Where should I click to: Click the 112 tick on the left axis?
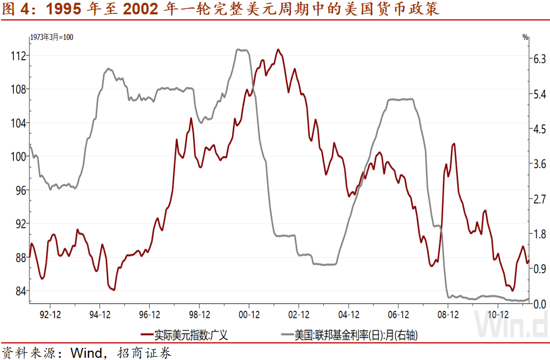click(18, 56)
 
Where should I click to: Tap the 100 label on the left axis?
click(18, 156)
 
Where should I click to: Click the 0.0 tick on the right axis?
click(539, 304)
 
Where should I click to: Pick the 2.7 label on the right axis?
click(539, 199)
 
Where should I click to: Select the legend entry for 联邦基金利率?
click(359, 335)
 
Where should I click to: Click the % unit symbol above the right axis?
click(525, 38)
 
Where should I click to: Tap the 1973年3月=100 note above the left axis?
click(51, 38)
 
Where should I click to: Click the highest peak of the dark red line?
click(278, 49)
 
